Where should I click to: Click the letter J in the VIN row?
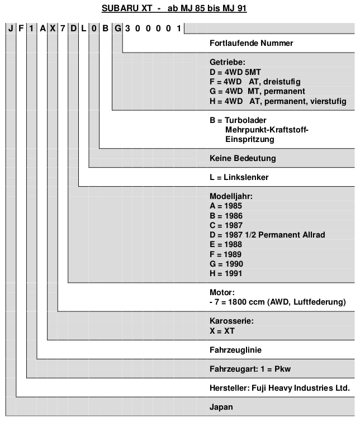11,29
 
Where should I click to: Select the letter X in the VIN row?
53,29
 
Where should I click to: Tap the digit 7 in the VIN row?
63,29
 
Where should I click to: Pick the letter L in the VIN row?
84,29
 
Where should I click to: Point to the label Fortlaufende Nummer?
251,43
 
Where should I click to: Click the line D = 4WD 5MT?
235,72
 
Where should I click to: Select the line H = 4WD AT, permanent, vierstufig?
278,101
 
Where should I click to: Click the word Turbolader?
245,120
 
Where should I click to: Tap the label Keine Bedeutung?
243,158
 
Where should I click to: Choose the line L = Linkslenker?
239,177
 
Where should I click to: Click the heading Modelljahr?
231,196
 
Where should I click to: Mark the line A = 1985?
226,206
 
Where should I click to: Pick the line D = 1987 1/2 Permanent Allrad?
267,235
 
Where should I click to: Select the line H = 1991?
226,273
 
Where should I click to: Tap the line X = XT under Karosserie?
222,331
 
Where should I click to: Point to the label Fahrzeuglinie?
235,350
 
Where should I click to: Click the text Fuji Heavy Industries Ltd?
301,388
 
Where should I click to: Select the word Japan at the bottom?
221,407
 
